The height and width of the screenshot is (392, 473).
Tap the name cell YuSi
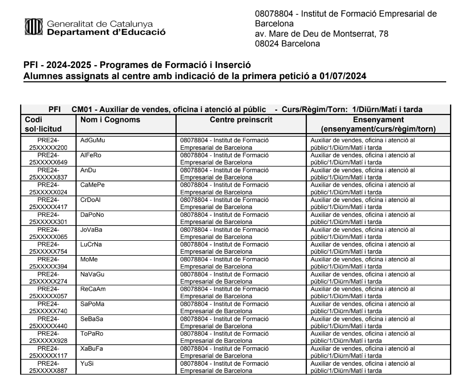pos(88,363)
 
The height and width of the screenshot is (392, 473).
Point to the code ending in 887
pos(48,370)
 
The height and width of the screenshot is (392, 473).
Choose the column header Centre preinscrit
pos(241,120)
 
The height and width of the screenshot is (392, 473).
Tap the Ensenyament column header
pos(378,120)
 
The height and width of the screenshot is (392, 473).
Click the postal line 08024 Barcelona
pos(287,44)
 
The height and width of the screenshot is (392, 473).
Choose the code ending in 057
pos(48,296)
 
